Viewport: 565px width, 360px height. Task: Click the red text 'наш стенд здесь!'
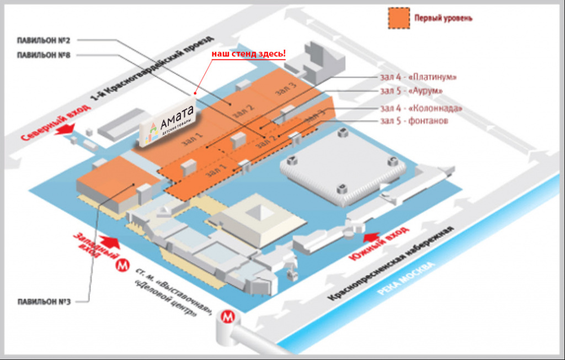point(249,54)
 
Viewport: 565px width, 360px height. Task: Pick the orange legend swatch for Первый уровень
point(398,18)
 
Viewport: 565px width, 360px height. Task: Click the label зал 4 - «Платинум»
point(418,77)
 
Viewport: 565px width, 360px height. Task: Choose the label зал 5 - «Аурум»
point(411,91)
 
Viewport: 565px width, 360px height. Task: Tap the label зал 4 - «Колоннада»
point(421,108)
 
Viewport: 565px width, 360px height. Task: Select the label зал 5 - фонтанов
point(413,120)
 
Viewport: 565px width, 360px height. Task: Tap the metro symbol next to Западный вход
point(121,266)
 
